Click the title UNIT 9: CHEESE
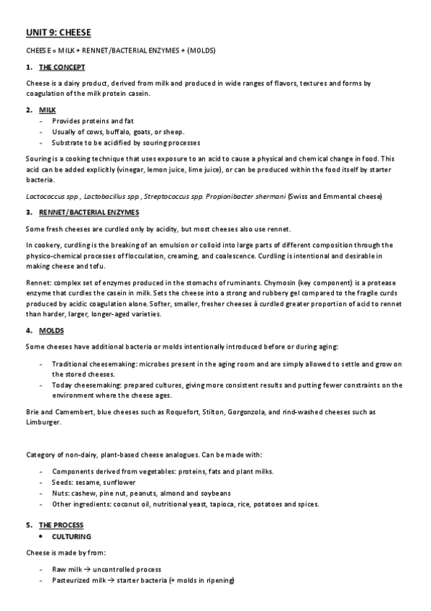[x=58, y=32]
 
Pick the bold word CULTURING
[x=71, y=537]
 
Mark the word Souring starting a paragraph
[x=37, y=159]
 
